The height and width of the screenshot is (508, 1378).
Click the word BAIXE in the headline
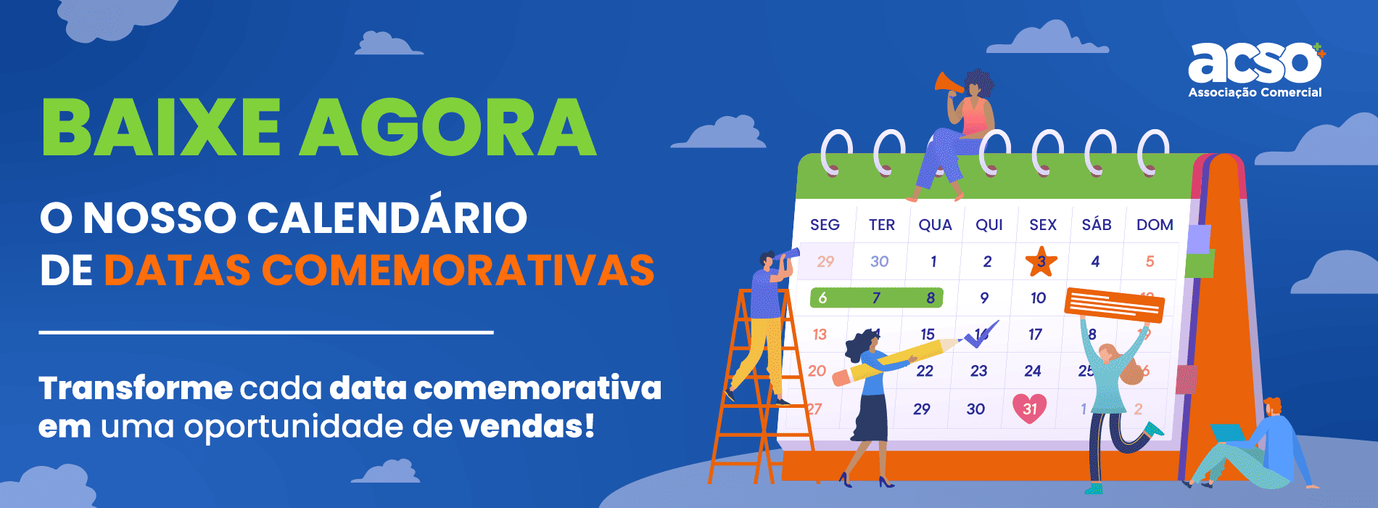pyautogui.click(x=161, y=127)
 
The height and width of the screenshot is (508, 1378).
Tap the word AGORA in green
pyautogui.click(x=448, y=127)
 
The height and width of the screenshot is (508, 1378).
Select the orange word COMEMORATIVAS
pyautogui.click(x=458, y=270)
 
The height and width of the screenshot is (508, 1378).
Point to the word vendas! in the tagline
pyautogui.click(x=527, y=426)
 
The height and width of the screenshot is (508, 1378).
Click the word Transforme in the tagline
pyautogui.click(x=136, y=388)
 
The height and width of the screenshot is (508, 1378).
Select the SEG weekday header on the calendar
pyautogui.click(x=825, y=225)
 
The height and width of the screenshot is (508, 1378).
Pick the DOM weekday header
pyautogui.click(x=1155, y=225)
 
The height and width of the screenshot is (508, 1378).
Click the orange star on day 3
pyautogui.click(x=1041, y=261)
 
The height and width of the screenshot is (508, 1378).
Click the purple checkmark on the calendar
pyautogui.click(x=981, y=334)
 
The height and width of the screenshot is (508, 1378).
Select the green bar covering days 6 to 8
pyautogui.click(x=876, y=298)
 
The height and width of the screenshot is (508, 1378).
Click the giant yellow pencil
pyautogui.click(x=898, y=359)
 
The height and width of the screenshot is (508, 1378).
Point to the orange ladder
pyautogui.click(x=759, y=385)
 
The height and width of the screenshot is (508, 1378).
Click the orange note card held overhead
pyautogui.click(x=1114, y=304)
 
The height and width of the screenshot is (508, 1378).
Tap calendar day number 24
pyautogui.click(x=1033, y=371)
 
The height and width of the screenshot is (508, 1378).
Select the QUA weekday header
pyautogui.click(x=935, y=225)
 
